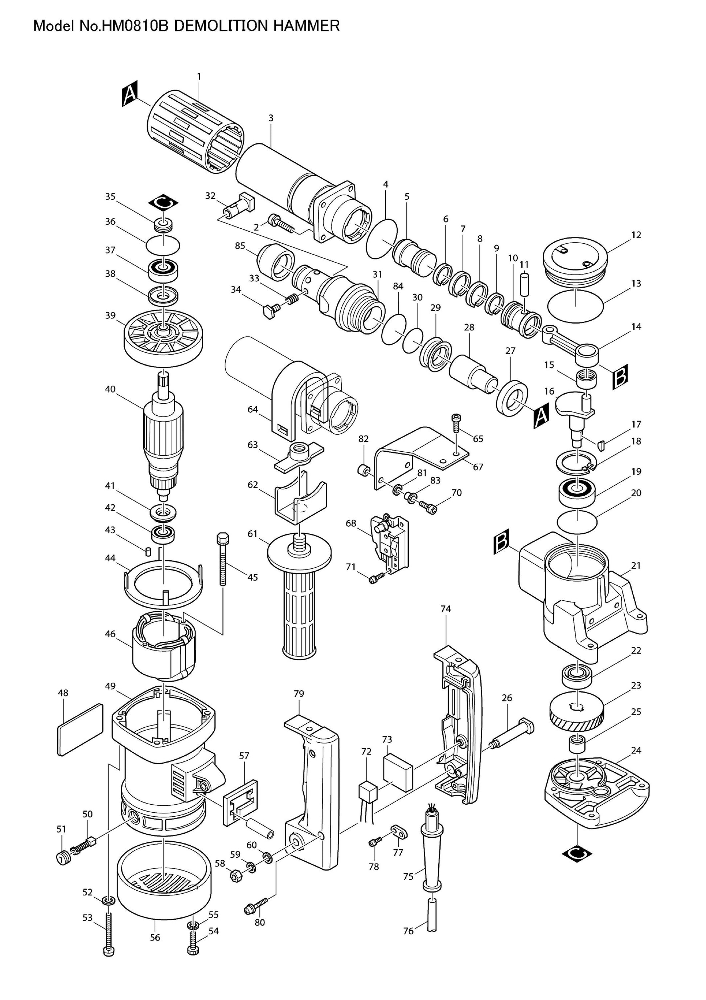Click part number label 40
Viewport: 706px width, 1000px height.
click(x=110, y=389)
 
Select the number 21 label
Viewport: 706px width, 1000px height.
click(x=636, y=565)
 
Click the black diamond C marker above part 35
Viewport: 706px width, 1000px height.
click(x=163, y=202)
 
